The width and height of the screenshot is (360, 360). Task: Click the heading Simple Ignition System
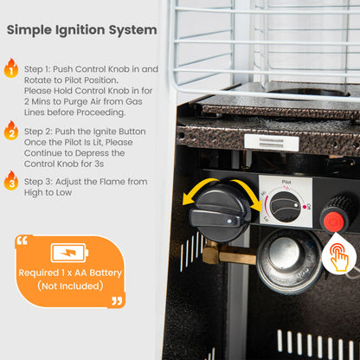(x=82, y=30)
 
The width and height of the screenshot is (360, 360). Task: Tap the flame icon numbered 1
(x=11, y=68)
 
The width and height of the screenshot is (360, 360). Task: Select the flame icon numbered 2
(x=11, y=131)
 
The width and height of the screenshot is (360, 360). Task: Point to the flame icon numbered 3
(x=11, y=181)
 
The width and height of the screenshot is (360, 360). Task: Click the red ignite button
(x=334, y=222)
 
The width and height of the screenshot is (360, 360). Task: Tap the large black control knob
(x=220, y=213)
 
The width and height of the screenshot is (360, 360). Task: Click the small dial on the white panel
(x=286, y=207)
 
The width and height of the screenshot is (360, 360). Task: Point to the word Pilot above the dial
(x=286, y=182)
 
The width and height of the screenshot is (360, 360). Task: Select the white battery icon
(x=69, y=253)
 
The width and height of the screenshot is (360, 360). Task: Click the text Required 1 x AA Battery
(x=70, y=273)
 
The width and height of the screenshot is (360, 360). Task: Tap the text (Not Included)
(x=70, y=286)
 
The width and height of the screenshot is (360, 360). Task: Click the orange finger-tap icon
(x=339, y=257)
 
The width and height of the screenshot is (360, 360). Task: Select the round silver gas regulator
(x=289, y=261)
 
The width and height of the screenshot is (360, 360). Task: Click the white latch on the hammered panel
(x=272, y=143)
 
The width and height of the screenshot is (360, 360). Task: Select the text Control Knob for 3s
(x=64, y=164)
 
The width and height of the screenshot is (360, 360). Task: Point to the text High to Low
(x=48, y=193)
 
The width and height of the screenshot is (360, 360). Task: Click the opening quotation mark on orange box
(x=22, y=241)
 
